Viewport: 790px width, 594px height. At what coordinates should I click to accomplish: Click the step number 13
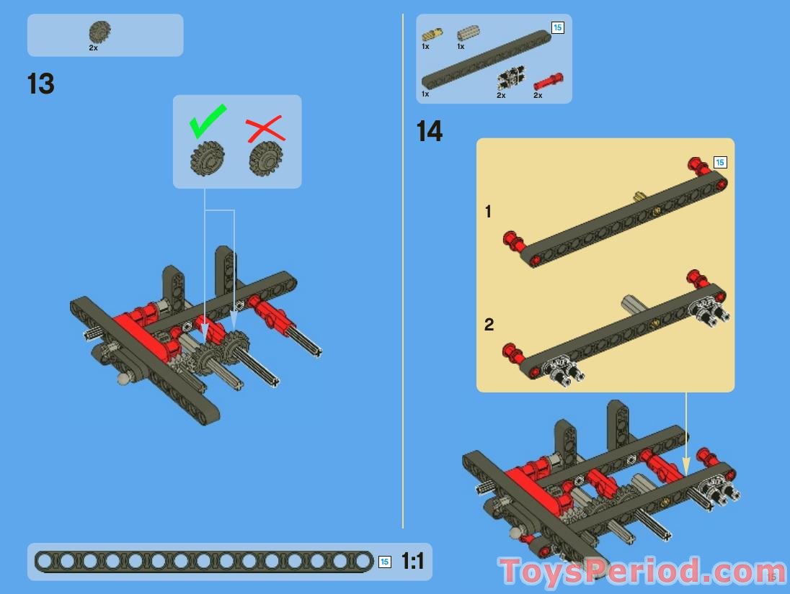tap(41, 84)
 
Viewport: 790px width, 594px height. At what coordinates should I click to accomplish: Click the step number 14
tap(430, 132)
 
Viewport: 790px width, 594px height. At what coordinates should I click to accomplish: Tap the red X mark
tap(265, 130)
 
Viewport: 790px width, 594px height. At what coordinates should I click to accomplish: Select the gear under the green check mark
tap(208, 158)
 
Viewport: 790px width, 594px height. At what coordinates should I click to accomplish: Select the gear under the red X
tap(265, 158)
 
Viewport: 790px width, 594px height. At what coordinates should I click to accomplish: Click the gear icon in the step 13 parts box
tap(99, 32)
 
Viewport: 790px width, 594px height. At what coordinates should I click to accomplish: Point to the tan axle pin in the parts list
tap(432, 34)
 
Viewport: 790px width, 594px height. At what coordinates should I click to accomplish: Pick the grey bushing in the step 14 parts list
tap(468, 32)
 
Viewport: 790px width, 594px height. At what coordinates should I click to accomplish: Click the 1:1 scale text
tap(412, 562)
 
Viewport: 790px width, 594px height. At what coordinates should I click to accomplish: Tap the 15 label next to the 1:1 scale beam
tap(385, 562)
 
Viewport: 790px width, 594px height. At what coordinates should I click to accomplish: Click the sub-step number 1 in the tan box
tap(489, 212)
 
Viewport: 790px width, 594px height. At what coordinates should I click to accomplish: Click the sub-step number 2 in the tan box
tap(489, 325)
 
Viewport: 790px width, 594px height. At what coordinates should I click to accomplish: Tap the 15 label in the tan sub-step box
tap(719, 163)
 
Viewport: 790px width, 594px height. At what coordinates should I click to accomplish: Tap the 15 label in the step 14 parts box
tap(557, 27)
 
